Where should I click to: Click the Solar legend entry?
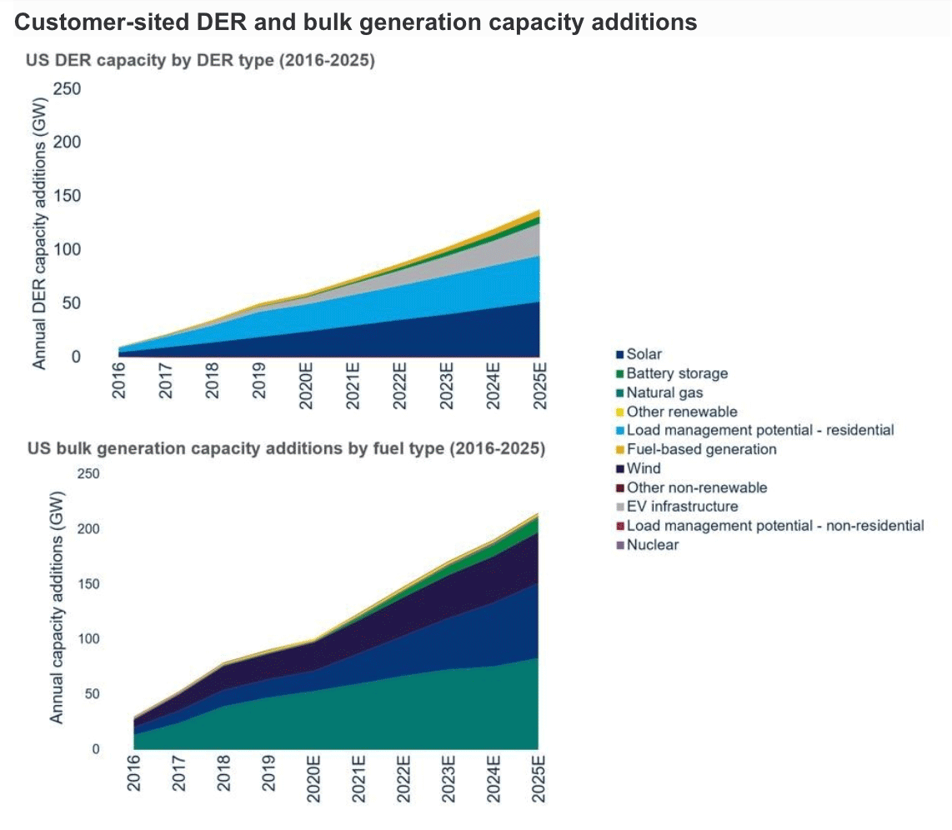coord(644,354)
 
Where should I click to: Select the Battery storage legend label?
coord(677,373)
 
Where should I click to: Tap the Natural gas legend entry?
coord(664,392)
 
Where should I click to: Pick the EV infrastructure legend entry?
coord(682,507)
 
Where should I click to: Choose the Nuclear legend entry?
coord(652,545)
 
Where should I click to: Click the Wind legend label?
coord(643,468)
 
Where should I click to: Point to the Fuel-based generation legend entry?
coord(701,449)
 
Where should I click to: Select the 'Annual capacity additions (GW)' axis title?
coord(58,610)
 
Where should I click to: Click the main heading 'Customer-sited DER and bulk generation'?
coord(356,22)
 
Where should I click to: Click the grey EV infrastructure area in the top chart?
coord(500,258)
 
